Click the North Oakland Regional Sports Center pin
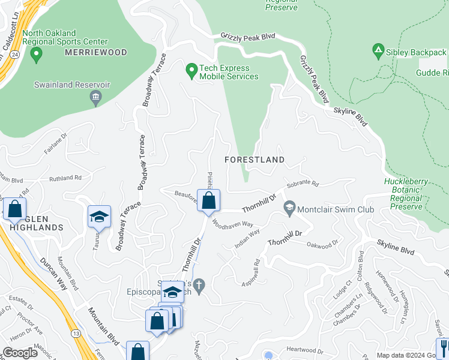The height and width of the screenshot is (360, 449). click(x=35, y=56)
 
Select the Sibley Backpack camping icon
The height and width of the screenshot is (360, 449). click(x=378, y=52)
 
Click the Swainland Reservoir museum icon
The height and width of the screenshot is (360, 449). click(x=95, y=98)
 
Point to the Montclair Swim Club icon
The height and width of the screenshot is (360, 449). click(x=289, y=209)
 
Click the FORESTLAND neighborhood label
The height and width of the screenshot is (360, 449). click(x=254, y=160)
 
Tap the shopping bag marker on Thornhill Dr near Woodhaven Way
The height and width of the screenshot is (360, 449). click(x=208, y=202)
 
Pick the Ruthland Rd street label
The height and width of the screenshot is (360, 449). click(x=65, y=178)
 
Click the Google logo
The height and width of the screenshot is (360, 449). click(x=20, y=353)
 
